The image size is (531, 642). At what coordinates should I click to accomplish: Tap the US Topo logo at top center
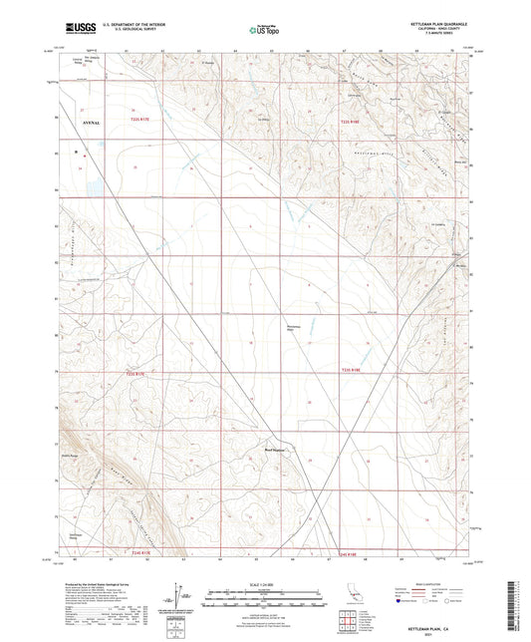(x=266, y=31)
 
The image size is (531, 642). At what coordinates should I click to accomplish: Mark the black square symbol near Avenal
(x=76, y=153)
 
